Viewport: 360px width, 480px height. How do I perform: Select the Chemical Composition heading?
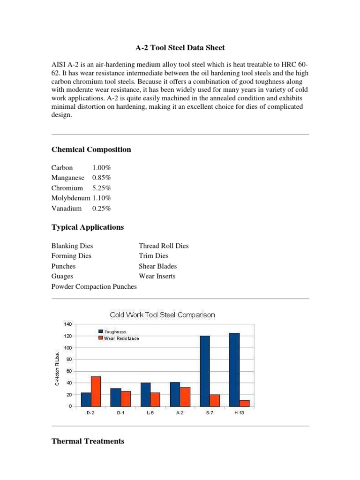coord(91,150)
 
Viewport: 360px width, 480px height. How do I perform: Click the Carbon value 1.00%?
coord(101,168)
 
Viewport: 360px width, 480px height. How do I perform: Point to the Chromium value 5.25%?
coord(101,188)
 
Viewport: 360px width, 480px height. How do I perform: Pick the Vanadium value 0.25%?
coord(101,209)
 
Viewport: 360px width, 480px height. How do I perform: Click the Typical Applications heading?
coord(88,227)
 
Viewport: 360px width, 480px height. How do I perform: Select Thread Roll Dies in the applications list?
coord(164,246)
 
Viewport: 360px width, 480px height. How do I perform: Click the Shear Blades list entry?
coord(157,266)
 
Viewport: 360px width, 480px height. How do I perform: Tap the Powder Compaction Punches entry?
coord(94,286)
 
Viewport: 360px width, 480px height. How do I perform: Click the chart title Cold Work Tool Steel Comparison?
coord(162,315)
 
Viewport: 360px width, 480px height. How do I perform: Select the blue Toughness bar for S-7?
coord(205,371)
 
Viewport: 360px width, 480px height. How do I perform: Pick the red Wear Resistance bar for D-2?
coord(96,391)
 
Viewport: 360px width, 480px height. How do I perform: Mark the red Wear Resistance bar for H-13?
coord(244,403)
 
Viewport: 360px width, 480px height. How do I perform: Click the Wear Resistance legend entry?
coord(121,338)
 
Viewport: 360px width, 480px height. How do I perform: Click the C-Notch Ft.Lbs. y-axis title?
coord(57,368)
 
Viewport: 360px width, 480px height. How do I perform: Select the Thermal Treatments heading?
coord(88,441)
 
